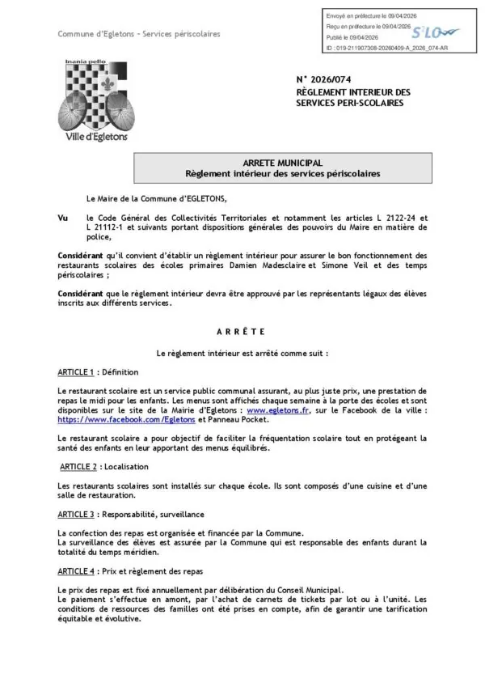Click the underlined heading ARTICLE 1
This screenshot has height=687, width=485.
(76, 372)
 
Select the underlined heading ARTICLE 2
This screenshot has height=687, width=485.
(78, 467)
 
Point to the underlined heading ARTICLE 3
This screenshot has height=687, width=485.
(76, 514)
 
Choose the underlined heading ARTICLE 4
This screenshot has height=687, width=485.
(76, 570)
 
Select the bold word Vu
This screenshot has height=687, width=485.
(63, 218)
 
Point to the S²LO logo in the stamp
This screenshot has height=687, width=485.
(436, 32)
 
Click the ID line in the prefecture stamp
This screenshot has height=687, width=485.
(375, 49)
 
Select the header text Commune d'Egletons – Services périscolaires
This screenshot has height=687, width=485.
(138, 34)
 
